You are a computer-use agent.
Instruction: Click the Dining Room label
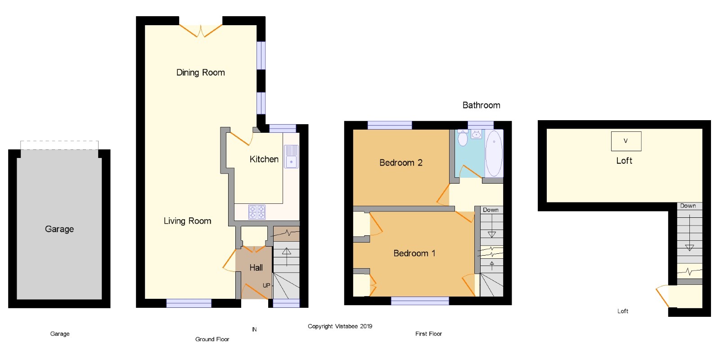(201, 72)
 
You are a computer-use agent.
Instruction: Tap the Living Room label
(187, 221)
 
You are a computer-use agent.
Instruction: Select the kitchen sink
(291, 157)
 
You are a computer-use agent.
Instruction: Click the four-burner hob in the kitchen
(257, 212)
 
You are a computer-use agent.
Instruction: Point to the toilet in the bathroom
(463, 138)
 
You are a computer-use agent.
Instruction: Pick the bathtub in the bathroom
(494, 153)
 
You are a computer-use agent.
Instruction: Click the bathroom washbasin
(476, 135)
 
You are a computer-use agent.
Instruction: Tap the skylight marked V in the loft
(626, 141)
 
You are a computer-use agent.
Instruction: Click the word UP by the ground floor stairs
(266, 285)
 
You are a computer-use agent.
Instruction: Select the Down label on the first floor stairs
(490, 210)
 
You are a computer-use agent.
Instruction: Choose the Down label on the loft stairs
(688, 206)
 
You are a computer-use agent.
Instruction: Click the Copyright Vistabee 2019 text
(340, 326)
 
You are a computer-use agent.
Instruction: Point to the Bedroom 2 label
(401, 162)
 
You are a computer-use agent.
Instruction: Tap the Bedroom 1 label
(414, 253)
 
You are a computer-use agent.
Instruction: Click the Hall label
(256, 267)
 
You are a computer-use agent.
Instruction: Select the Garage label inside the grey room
(59, 229)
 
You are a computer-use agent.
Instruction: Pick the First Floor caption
(428, 334)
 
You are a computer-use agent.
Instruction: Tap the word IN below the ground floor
(254, 329)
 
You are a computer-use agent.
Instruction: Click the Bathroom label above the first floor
(481, 105)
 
